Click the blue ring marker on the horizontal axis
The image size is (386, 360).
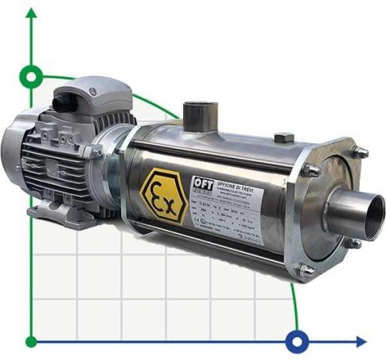coord(297,342)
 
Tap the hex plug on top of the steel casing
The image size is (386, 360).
coord(283,139)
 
